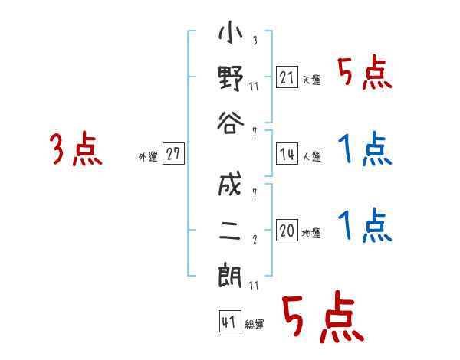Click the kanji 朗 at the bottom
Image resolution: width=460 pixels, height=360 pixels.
(231, 273)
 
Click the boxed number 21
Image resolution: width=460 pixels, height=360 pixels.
(286, 77)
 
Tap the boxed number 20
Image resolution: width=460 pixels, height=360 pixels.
(286, 231)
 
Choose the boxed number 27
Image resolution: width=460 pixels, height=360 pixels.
(173, 155)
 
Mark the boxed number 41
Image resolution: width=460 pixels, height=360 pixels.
(228, 321)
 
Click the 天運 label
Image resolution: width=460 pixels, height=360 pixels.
(311, 80)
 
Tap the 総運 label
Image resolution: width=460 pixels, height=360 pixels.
(255, 324)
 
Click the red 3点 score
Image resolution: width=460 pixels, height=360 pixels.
(75, 149)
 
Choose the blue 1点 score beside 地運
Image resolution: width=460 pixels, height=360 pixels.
(364, 226)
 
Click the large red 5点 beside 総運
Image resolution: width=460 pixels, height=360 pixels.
(321, 318)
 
